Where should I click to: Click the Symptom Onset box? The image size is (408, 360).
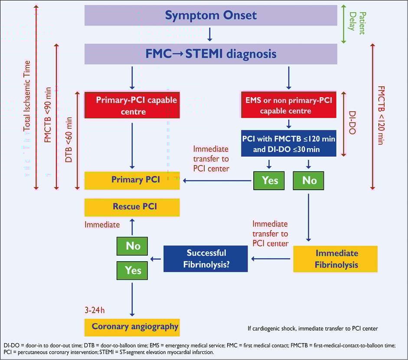tap(211, 16)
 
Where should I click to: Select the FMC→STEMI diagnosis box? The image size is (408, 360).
tap(211, 54)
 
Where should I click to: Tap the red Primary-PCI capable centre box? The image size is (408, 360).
tap(132, 105)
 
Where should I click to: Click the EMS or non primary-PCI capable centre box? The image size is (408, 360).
tap(288, 105)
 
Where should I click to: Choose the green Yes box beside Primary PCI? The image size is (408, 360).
tap(269, 180)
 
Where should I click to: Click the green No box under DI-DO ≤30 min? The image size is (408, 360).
tap(309, 180)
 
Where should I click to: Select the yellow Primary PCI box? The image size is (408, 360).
tap(132, 180)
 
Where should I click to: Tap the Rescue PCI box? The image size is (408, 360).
tap(132, 207)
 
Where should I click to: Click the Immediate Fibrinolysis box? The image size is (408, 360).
tap(335, 259)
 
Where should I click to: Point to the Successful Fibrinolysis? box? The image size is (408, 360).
tap(206, 259)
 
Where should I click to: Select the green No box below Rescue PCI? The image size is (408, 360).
tap(133, 246)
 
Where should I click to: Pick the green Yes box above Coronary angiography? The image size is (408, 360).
tap(133, 270)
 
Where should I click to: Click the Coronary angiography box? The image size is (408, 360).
tap(132, 327)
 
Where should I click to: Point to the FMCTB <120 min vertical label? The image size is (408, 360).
tap(381, 115)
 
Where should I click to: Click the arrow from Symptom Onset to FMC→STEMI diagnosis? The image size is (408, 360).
tap(210, 34)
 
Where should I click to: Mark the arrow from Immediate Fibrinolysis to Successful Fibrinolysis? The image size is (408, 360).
tap(271, 259)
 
